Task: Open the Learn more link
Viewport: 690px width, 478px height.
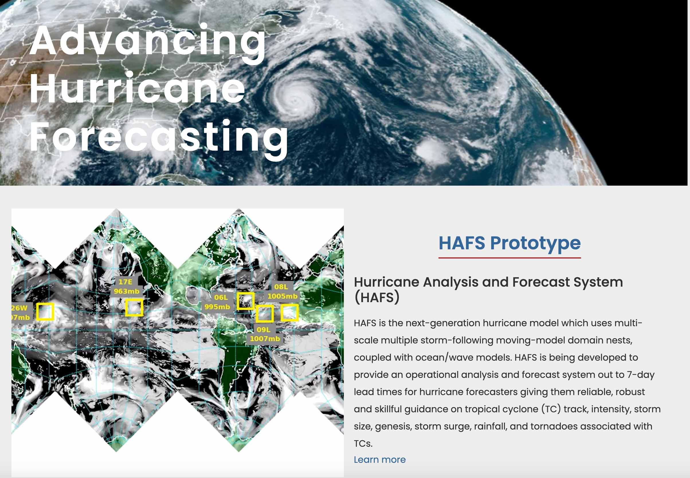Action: (380, 459)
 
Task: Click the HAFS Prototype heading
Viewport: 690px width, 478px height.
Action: (509, 243)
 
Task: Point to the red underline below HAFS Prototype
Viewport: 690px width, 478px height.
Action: (509, 257)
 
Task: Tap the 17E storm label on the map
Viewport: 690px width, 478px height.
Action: (125, 282)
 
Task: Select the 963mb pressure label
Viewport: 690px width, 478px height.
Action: (127, 291)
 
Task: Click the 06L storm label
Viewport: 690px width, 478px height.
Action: (221, 298)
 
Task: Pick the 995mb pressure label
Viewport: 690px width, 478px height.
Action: (217, 307)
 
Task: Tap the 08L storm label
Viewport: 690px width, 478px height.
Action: (281, 287)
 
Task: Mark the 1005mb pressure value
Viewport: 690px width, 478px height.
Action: (283, 296)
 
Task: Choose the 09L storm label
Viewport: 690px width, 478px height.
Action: (264, 329)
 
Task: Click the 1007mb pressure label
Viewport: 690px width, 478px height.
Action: (265, 339)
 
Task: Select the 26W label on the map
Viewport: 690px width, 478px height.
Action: (19, 308)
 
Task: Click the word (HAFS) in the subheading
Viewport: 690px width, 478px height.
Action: (377, 298)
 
